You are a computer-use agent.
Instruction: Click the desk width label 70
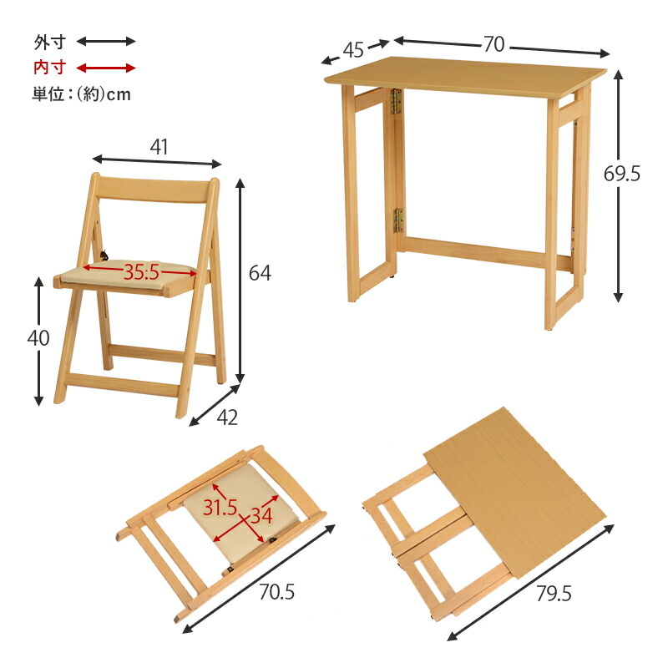[494, 44]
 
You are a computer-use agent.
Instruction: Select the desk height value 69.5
[622, 174]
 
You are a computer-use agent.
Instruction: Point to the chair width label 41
[159, 146]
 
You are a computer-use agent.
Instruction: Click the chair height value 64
[260, 273]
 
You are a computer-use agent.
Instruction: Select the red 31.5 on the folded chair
[220, 507]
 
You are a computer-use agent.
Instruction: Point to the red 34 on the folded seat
[261, 516]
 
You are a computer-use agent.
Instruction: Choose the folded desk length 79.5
[554, 594]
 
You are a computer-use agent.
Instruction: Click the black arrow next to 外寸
[106, 41]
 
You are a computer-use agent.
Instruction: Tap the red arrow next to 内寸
[106, 68]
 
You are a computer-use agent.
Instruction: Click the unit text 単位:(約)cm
[81, 94]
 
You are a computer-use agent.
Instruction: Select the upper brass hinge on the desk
[398, 101]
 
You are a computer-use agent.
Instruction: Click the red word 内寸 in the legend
[48, 68]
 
